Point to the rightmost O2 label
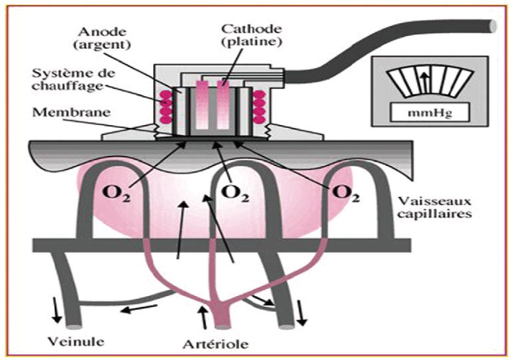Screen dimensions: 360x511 point(346,193)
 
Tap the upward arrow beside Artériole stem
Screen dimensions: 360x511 point(203,313)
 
